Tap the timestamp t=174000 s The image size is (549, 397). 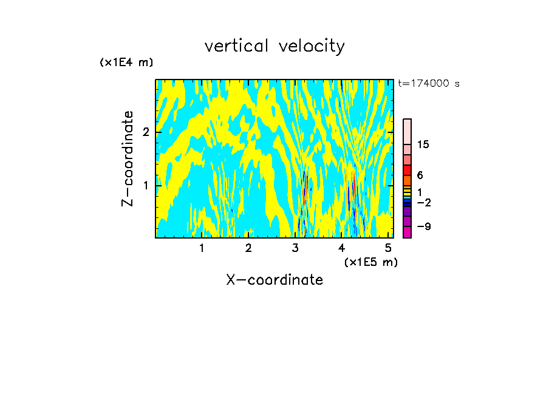pos(428,83)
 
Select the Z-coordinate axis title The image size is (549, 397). pos(128,158)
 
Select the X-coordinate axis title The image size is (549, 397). pos(274,280)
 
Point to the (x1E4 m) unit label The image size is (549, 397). pos(126,63)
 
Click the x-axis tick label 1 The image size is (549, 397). pos(202,248)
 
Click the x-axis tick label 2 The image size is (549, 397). pos(248,248)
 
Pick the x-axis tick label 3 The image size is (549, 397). pos(295,248)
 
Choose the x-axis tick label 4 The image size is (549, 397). pos(342,248)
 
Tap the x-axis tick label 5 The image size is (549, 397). pos(388,248)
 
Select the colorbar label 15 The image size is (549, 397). pos(423,145)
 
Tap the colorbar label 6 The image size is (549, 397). pos(420,175)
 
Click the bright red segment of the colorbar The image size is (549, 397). pos(407,170)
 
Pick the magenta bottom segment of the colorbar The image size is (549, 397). pos(407,232)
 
